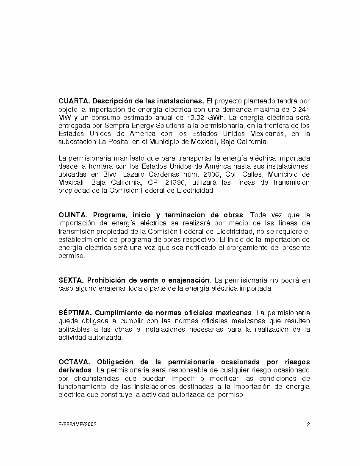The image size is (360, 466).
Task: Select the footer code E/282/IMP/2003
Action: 78,424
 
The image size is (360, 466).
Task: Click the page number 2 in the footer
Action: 308,424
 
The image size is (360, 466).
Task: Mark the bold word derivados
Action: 75,370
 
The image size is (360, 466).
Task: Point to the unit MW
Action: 65,117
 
